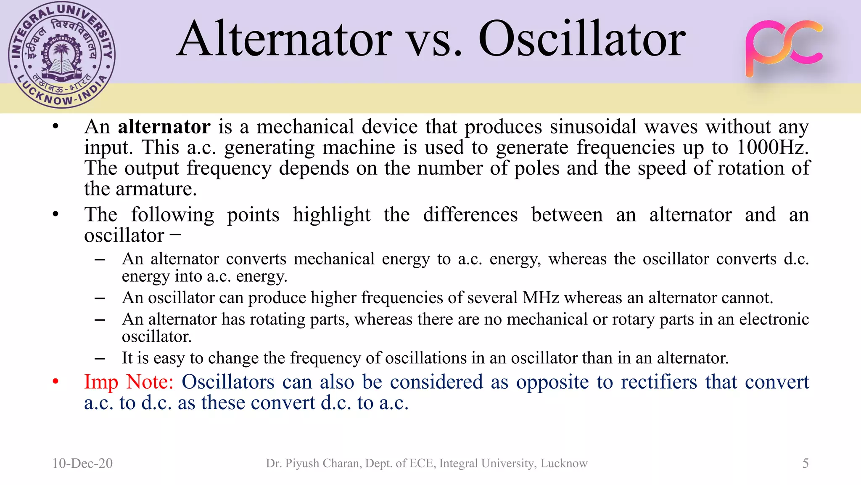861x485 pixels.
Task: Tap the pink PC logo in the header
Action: pos(784,48)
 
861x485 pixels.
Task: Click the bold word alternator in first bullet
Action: pos(164,127)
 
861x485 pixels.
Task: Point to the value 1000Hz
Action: pos(773,147)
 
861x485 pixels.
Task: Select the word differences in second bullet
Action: pos(470,215)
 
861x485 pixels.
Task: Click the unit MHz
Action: pos(540,298)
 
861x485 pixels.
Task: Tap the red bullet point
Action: pos(55,381)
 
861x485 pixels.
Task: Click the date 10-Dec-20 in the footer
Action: pos(82,463)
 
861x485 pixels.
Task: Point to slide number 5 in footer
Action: pos(805,463)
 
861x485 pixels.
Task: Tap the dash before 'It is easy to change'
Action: pos(100,359)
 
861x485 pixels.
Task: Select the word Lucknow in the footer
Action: pos(564,463)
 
